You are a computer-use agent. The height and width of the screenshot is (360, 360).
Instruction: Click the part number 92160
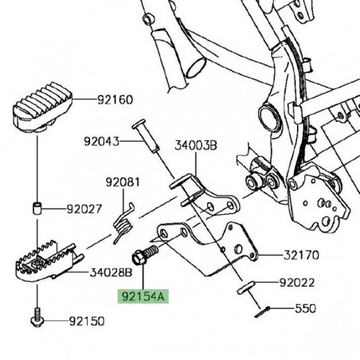click(x=115, y=100)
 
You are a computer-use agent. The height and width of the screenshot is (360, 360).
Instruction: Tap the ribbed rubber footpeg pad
click(x=42, y=107)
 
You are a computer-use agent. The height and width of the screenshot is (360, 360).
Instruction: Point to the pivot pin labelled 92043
click(x=146, y=135)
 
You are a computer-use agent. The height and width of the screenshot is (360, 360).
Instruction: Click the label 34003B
click(x=196, y=146)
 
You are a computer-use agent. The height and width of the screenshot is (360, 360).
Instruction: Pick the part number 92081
click(x=123, y=182)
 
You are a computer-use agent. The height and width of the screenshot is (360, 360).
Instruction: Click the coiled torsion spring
click(x=123, y=223)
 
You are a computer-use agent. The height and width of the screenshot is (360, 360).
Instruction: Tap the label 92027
click(x=84, y=209)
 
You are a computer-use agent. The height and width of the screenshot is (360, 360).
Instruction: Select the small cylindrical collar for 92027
click(x=37, y=208)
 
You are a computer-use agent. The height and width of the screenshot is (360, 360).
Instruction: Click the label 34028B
click(x=111, y=272)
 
